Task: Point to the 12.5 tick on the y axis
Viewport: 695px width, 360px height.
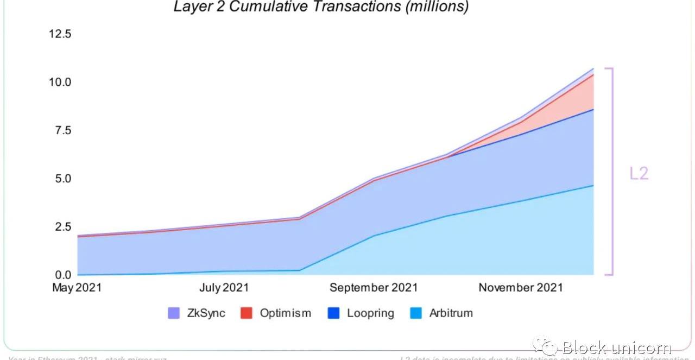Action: [60, 34]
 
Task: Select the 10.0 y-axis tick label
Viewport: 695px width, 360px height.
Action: [60, 82]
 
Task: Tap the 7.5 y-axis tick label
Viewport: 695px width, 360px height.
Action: [62, 130]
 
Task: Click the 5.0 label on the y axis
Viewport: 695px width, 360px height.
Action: [62, 178]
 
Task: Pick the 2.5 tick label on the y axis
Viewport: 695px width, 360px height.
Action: [62, 226]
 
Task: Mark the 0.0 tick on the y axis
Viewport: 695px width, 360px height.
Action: [62, 275]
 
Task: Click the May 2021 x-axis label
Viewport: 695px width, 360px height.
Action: [77, 287]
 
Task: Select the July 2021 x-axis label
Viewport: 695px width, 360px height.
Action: [224, 287]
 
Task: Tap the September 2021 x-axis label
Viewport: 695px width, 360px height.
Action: [374, 287]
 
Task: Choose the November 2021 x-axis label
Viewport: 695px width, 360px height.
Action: [521, 287]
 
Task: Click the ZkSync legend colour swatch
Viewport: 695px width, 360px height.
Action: [174, 313]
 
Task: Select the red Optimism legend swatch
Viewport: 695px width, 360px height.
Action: [247, 313]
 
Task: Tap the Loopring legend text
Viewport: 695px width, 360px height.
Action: [370, 313]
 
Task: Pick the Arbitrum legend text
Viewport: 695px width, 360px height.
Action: [451, 313]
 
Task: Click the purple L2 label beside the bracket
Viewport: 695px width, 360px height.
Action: [639, 174]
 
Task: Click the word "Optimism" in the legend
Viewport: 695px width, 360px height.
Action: [286, 313]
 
